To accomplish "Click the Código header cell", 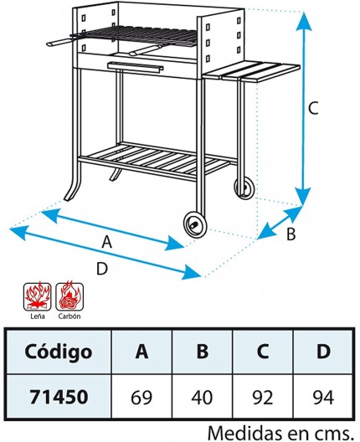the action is (x=59, y=352).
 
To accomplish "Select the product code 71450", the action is (x=59, y=397).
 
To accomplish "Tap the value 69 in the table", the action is (x=141, y=398).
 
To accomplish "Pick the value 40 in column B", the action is (x=202, y=398).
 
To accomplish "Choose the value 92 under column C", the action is (x=263, y=398).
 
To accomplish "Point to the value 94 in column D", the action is (x=323, y=398).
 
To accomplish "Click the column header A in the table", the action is (x=141, y=352).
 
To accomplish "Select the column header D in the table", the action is (x=323, y=352).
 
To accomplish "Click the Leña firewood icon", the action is (x=37, y=296).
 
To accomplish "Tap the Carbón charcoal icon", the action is (x=69, y=296).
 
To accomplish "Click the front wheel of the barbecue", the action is (x=195, y=224).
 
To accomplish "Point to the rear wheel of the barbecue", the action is (x=244, y=188).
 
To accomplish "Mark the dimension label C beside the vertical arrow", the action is (x=313, y=108).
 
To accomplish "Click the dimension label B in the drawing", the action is (x=291, y=234).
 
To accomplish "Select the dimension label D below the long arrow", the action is (x=102, y=269).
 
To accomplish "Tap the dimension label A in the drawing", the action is (x=107, y=242).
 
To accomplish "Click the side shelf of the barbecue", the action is (x=251, y=71).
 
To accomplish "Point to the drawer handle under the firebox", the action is (x=136, y=67).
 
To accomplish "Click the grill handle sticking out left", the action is (x=60, y=43).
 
